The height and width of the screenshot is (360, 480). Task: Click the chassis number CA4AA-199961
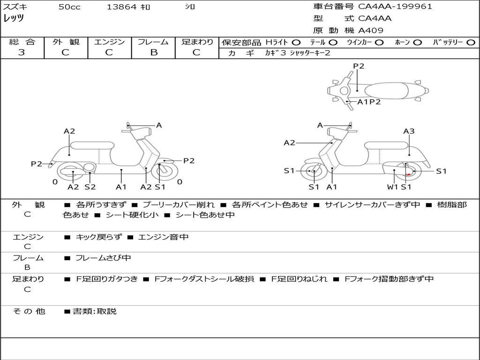coord(395,7)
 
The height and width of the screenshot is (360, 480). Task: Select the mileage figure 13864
coord(121,7)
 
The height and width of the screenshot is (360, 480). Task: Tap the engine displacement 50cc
coord(69,7)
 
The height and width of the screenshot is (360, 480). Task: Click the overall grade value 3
coord(22,52)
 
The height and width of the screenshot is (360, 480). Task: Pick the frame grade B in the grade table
coord(154,52)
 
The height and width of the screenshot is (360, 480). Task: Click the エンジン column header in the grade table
coord(109,42)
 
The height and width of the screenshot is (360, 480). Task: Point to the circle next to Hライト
coord(296,42)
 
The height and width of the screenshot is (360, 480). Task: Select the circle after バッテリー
coord(471,42)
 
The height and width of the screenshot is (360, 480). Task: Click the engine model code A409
coord(371,30)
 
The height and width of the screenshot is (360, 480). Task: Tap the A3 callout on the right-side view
coord(409,131)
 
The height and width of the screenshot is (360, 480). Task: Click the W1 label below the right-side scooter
coord(392,187)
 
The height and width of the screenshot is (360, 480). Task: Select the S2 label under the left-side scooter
coord(90,187)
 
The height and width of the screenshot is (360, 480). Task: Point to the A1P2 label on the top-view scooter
coord(369,102)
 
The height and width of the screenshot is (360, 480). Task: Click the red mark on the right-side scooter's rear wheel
coord(408,174)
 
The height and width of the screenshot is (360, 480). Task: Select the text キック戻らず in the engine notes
coord(98,237)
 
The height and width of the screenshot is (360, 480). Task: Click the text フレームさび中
coord(103,258)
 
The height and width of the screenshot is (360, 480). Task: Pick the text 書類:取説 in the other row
coord(94,311)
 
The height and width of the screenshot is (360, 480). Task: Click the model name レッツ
coord(14,19)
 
